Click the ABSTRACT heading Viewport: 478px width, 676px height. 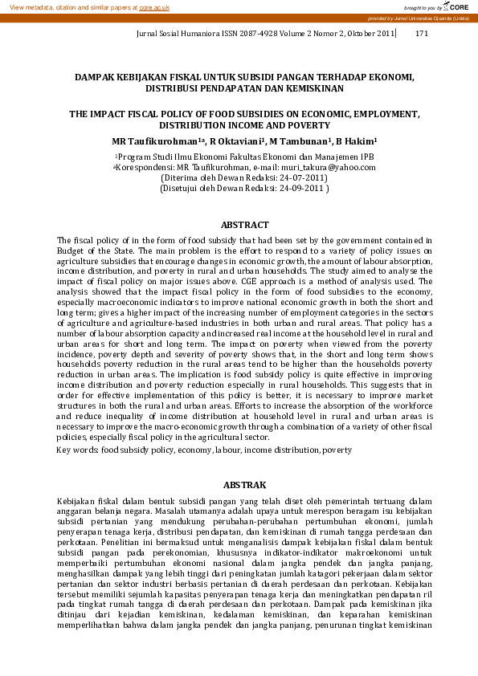244,225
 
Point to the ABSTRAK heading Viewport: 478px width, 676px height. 244,484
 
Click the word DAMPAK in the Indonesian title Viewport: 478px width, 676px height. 95,77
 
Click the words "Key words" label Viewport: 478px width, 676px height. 76,450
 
